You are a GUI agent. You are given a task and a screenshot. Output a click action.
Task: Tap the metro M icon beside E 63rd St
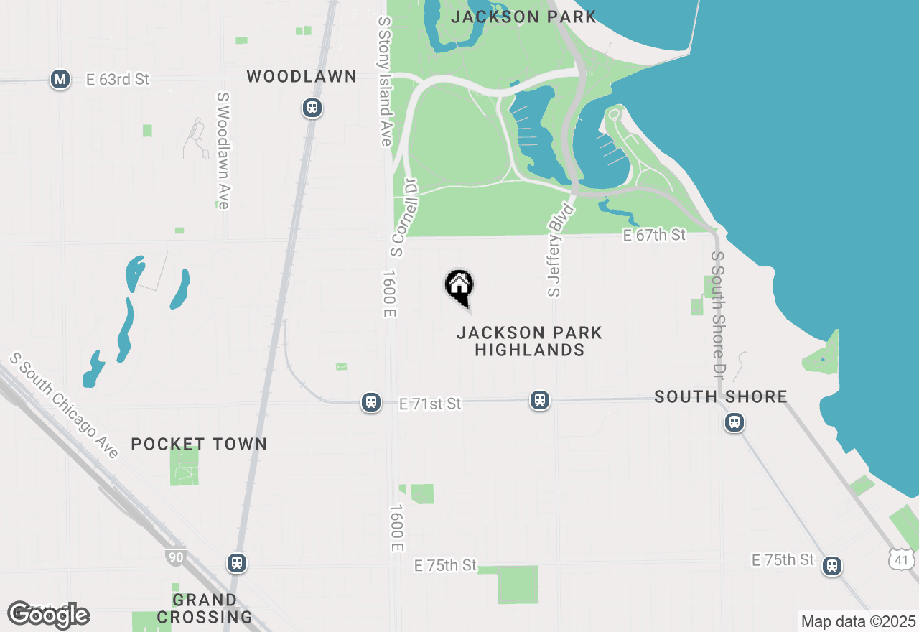[x=60, y=79]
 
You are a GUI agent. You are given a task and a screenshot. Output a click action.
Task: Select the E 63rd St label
[x=117, y=79]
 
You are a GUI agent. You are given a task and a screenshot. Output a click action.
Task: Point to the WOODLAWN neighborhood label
[x=302, y=76]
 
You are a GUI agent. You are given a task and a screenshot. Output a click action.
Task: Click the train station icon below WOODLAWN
[x=312, y=108]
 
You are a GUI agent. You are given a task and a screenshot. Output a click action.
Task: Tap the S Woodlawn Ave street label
[x=223, y=150]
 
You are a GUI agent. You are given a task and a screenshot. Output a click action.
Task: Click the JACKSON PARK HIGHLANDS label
[x=530, y=341]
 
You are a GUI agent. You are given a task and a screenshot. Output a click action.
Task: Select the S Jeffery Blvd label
[x=561, y=250]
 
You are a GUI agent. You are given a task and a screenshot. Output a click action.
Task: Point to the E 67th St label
[x=654, y=235]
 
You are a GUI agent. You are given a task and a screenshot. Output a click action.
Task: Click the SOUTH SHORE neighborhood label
[x=721, y=396]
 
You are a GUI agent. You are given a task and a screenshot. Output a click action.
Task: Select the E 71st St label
[x=430, y=404]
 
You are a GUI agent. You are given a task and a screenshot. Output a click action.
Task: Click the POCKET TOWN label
[x=199, y=444]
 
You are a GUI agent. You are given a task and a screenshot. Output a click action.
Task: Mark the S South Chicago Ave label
[x=64, y=406]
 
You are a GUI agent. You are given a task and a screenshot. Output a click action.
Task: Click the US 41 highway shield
[x=901, y=559]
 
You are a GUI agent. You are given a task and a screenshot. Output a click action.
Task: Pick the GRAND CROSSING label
[x=205, y=608]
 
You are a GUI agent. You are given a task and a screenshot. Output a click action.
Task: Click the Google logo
[x=49, y=614]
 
